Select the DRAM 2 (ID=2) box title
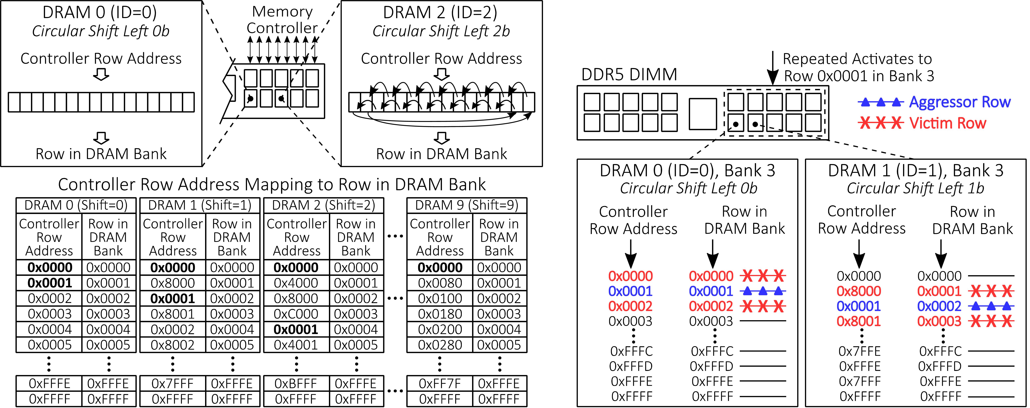(440, 12)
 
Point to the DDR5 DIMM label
(629, 74)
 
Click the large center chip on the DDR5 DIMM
(703, 114)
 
